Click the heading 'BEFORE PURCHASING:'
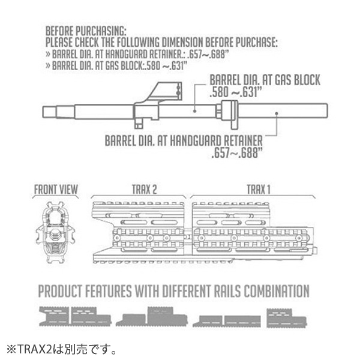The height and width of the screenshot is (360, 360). (86, 31)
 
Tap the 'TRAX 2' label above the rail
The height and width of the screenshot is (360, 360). (145, 190)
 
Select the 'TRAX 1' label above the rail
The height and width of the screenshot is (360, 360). (259, 190)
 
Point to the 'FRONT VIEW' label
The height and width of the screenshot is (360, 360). (56, 190)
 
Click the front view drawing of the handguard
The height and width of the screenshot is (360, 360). (55, 232)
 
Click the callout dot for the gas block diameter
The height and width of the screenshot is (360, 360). (194, 111)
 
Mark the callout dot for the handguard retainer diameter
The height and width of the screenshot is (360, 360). (277, 113)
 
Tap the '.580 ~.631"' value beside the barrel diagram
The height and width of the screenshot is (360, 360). (236, 92)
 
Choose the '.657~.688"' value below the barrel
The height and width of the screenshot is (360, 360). (237, 152)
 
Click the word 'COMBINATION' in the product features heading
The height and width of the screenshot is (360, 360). (277, 291)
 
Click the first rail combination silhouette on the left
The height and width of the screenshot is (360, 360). (76, 316)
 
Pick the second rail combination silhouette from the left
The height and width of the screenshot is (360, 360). (152, 316)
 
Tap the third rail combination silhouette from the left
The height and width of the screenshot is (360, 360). (227, 321)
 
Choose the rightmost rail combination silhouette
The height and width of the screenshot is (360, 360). (287, 318)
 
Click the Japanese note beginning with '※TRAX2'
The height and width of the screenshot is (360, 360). (62, 349)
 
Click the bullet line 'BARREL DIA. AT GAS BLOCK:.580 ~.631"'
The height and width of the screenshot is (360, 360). (116, 65)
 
